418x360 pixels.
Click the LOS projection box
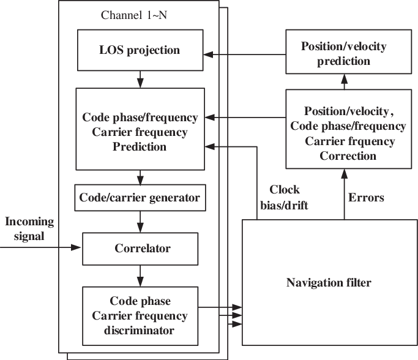(140, 50)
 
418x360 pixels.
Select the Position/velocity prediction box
(345, 54)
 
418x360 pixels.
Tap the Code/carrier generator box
(140, 198)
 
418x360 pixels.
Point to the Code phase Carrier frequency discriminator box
(140, 316)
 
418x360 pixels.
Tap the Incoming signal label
(28, 228)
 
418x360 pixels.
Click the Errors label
(367, 198)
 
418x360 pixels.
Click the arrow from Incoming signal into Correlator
(43, 247)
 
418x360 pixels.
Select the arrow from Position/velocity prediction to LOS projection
(245, 54)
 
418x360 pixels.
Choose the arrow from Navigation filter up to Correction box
(344, 195)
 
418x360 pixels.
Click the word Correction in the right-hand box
(348, 156)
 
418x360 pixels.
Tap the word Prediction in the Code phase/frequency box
(140, 148)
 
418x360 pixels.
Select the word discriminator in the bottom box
(140, 331)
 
